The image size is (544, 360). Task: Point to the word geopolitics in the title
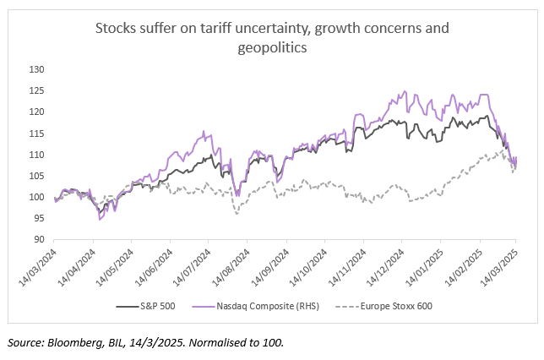272,48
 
